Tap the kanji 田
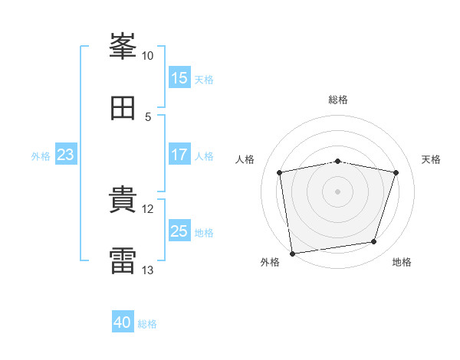(123, 109)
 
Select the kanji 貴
(123, 201)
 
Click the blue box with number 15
(179, 78)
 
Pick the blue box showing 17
(179, 155)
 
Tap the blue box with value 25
(179, 231)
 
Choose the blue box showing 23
(66, 155)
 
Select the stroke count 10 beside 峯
(148, 56)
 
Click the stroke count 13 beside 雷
(148, 270)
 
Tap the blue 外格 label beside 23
(41, 156)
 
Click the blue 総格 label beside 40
(147, 324)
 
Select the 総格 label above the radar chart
(338, 100)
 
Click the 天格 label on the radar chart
(432, 159)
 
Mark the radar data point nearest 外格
(292, 253)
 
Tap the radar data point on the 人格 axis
(280, 172)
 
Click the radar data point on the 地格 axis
(374, 242)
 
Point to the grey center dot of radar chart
(338, 191)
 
